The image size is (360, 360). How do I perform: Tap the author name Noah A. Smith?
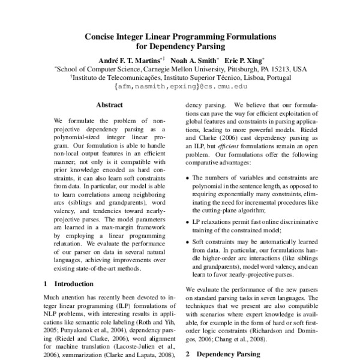193,61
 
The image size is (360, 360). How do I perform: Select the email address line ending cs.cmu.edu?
179,86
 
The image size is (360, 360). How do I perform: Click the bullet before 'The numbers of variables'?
188,178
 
